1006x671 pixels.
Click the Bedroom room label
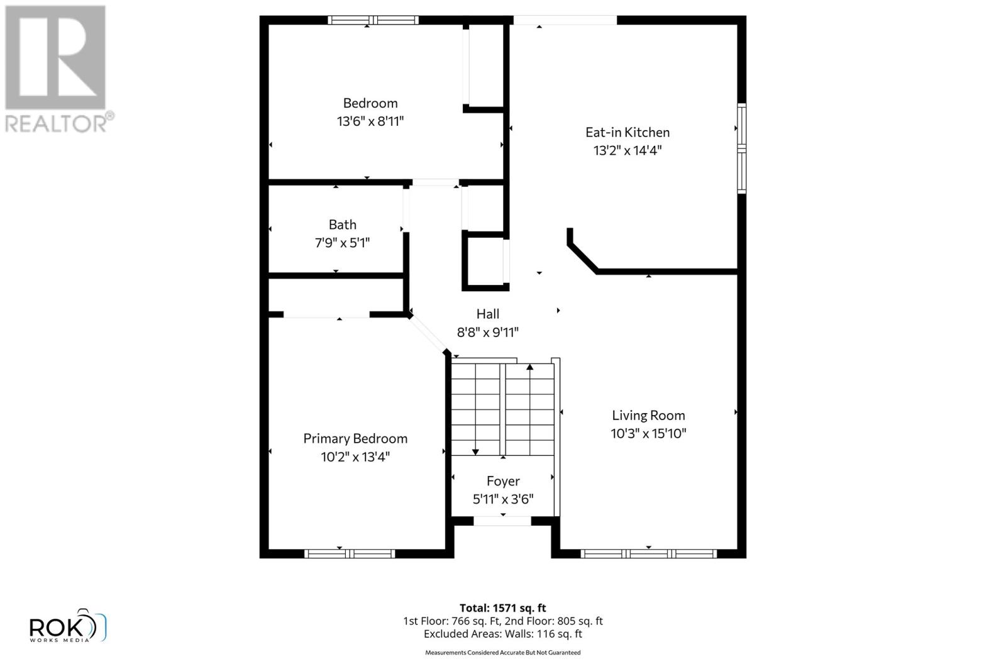(x=370, y=103)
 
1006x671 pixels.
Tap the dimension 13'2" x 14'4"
(x=627, y=150)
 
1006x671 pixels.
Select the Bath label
(x=342, y=225)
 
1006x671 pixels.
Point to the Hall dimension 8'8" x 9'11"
(x=487, y=332)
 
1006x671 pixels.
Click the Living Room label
(x=648, y=415)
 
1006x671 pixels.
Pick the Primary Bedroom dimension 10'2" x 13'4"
(x=355, y=457)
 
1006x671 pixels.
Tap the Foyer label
(x=503, y=481)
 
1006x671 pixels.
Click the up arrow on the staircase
(x=530, y=367)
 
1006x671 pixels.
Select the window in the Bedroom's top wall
(x=373, y=20)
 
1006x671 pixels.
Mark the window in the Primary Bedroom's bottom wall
(x=350, y=553)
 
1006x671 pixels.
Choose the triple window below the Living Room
(x=648, y=553)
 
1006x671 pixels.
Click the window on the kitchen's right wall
(x=741, y=148)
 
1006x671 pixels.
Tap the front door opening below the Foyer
(x=502, y=521)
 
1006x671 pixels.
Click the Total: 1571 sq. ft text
(x=502, y=608)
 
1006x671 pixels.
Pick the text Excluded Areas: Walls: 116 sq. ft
(x=502, y=634)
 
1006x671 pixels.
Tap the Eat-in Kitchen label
(x=627, y=132)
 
